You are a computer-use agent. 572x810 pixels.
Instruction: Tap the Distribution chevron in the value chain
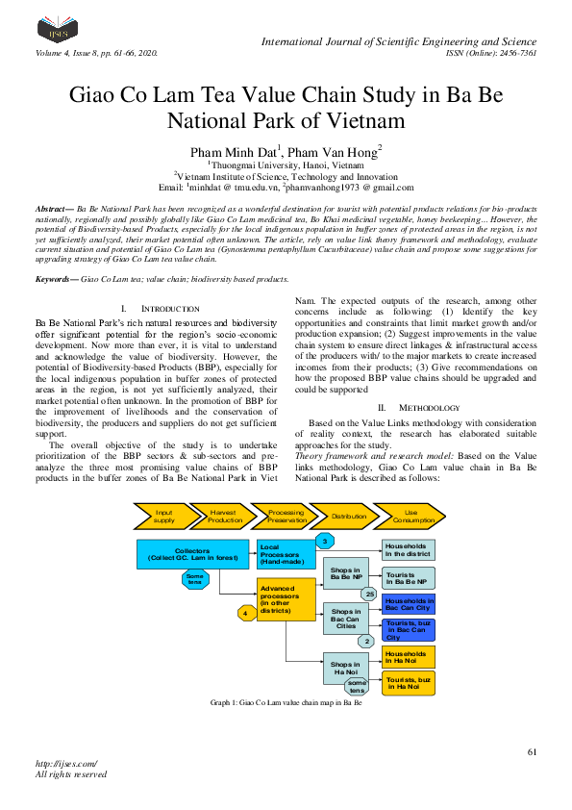coord(350,516)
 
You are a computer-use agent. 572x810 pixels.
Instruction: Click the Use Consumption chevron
coord(410,516)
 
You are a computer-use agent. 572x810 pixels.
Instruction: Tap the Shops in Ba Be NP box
coord(345,574)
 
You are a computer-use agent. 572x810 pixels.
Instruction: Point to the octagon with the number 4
coord(246,612)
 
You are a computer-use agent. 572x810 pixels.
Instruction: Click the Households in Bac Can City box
coord(410,605)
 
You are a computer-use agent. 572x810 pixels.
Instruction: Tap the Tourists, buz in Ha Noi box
coord(410,683)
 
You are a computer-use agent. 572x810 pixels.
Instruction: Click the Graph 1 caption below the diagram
coord(286,703)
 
